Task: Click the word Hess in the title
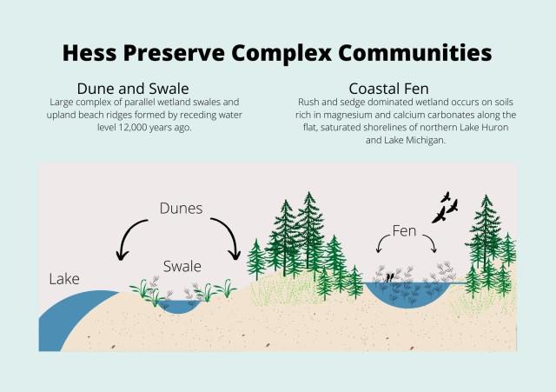89,53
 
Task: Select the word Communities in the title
415,53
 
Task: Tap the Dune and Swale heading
133,89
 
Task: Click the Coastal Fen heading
388,89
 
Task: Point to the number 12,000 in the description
130,128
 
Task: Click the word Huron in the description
494,128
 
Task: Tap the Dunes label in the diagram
182,209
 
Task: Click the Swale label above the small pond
182,266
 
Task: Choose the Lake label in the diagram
64,279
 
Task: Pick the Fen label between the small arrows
404,231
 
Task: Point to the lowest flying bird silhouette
439,216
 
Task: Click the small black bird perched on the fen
389,277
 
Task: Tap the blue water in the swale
179,307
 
